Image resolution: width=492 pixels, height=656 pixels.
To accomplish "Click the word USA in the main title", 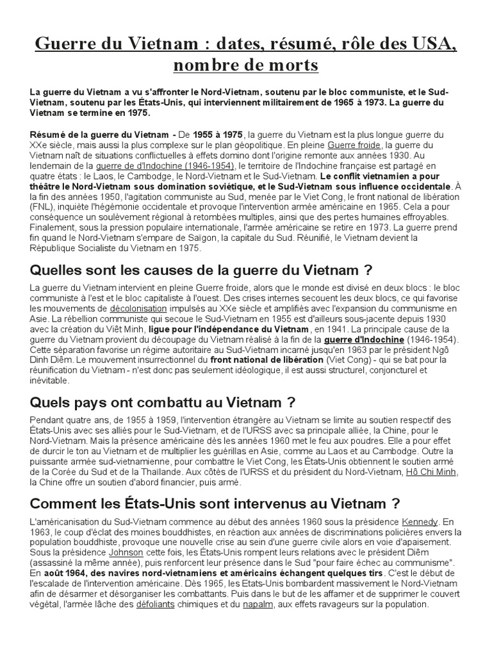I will tap(432, 44).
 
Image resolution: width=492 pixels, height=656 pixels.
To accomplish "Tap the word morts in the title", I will tap(291, 65).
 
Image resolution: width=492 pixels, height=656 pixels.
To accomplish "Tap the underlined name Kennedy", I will tap(421, 521).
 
